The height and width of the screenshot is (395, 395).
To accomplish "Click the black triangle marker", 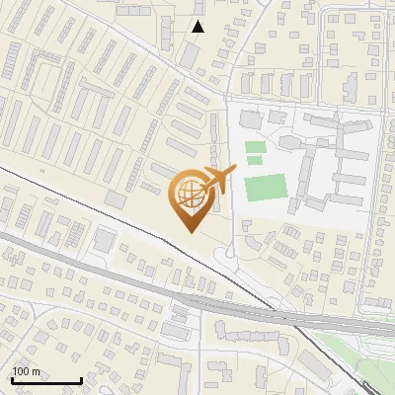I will tap(198, 27).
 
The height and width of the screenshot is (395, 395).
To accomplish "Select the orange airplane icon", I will tap(221, 179).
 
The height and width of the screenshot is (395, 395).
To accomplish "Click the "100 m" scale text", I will tap(26, 371).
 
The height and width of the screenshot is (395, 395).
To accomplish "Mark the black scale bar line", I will tap(45, 380).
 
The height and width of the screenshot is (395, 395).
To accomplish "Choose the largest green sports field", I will tap(264, 187).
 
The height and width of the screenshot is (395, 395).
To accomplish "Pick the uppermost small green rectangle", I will tap(256, 147).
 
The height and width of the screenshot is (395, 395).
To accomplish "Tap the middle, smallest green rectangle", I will tap(256, 159).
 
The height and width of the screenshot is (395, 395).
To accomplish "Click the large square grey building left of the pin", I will tap(103, 240).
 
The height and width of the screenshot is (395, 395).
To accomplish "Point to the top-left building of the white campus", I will tap(248, 118).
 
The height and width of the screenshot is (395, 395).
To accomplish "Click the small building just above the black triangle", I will tap(197, 10).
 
